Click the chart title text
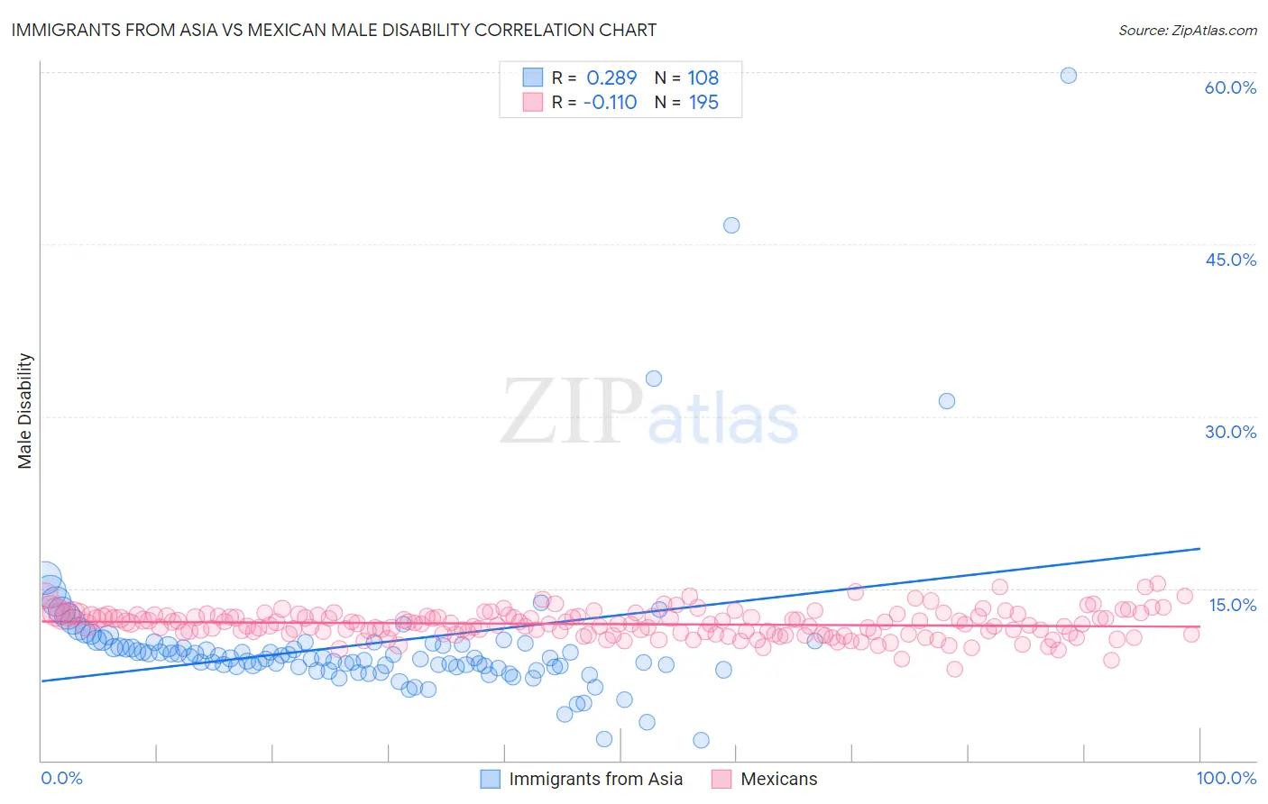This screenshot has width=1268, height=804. [334, 30]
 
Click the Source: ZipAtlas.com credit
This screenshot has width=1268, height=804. [1187, 30]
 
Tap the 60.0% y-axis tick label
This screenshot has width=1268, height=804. [1230, 87]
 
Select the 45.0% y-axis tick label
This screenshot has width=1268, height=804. [1230, 260]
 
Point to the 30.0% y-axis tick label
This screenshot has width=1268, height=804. [1230, 432]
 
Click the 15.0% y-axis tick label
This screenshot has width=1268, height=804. [1232, 605]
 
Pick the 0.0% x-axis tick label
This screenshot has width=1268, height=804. [61, 779]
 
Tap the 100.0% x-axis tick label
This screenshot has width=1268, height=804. [1226, 779]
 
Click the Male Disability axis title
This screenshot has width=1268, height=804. [24, 410]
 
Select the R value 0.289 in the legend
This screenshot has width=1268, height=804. [611, 78]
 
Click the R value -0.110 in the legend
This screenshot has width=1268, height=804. [610, 103]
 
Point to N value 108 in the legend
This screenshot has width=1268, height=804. [703, 78]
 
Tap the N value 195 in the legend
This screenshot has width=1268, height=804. [703, 103]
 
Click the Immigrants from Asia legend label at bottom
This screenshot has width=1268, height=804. [595, 780]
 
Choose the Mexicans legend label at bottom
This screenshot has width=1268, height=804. [778, 780]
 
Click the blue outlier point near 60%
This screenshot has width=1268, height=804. [1068, 76]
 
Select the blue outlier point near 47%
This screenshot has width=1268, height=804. [731, 225]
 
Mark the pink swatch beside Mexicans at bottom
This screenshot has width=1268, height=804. [721, 780]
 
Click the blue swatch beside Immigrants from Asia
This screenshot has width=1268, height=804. [490, 780]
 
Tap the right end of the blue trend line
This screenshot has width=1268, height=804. [1199, 548]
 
